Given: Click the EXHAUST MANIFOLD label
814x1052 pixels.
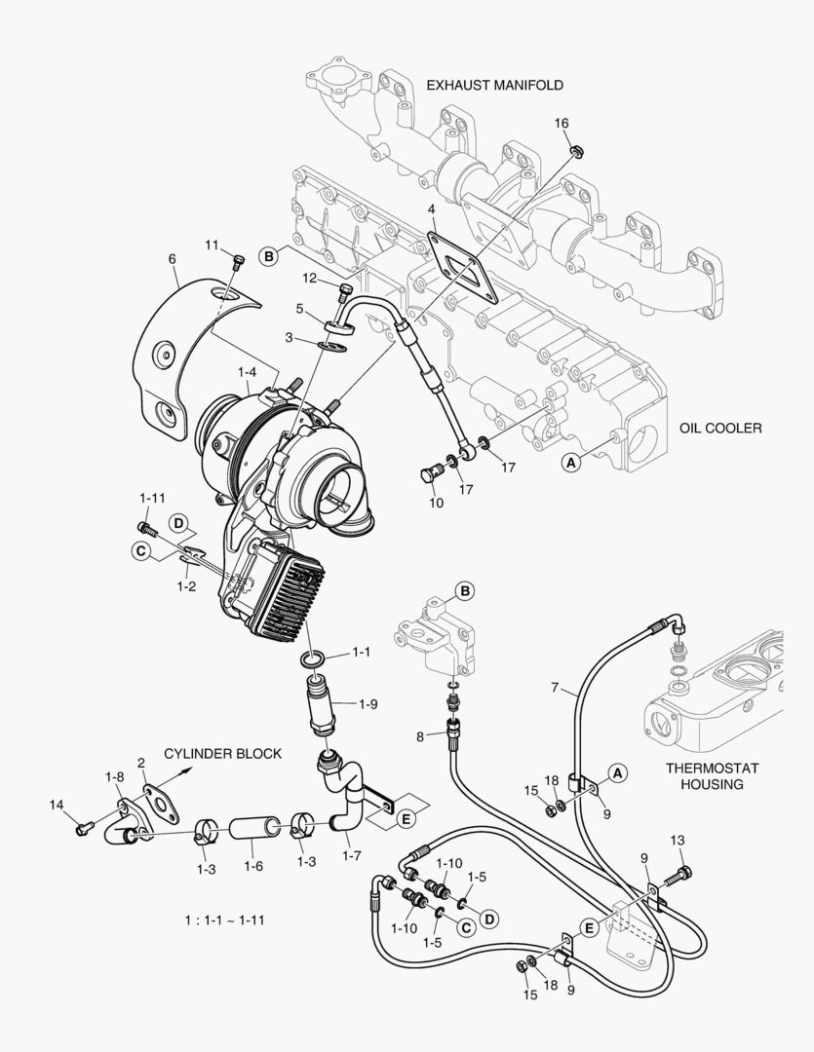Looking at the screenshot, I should pyautogui.click(x=494, y=85).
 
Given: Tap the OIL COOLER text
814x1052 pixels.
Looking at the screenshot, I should pyautogui.click(x=720, y=428).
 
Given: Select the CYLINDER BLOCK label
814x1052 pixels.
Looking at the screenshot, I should pyautogui.click(x=222, y=753).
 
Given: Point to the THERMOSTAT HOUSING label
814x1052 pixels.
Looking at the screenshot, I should pyautogui.click(x=712, y=775).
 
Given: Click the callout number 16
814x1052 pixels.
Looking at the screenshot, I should pyautogui.click(x=562, y=123).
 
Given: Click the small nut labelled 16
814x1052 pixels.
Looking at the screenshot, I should pyautogui.click(x=576, y=151).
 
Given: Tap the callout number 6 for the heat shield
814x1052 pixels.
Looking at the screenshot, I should pyautogui.click(x=172, y=259).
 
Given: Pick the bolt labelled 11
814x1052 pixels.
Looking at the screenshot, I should pyautogui.click(x=237, y=261).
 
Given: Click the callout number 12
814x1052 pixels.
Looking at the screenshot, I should pyautogui.click(x=311, y=279).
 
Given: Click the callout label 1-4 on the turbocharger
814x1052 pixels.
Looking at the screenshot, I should pyautogui.click(x=248, y=371).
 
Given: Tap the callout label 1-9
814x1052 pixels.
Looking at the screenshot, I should pyautogui.click(x=368, y=702).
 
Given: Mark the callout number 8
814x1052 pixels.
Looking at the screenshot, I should pyautogui.click(x=420, y=736).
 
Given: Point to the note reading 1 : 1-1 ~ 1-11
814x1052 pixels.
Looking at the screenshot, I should pyautogui.click(x=225, y=920).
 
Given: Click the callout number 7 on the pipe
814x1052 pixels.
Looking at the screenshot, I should pyautogui.click(x=555, y=689).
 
